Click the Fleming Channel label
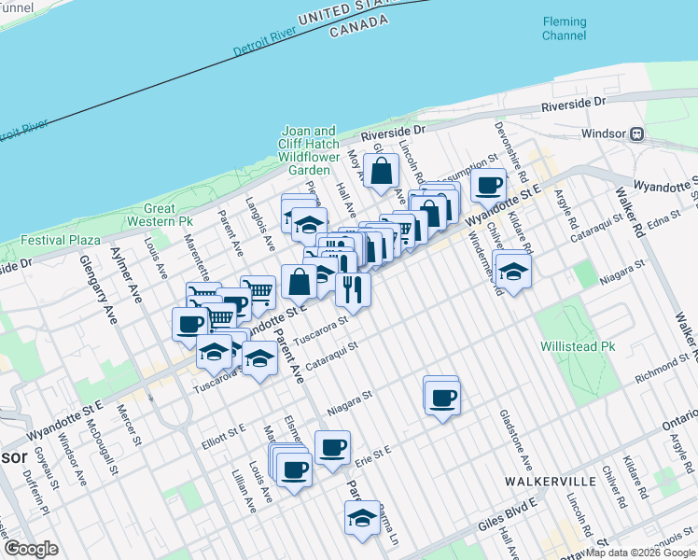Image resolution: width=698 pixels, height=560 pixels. coord(565,29)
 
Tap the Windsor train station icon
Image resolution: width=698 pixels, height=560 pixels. coord(637,133)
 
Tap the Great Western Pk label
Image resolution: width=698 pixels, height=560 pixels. coord(167,215)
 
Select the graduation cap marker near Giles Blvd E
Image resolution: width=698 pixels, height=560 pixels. coord(362,518)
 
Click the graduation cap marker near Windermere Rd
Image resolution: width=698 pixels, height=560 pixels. coord(512,270)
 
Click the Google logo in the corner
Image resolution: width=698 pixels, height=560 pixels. coord(31,549)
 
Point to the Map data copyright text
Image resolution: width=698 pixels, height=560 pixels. coord(640,553)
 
